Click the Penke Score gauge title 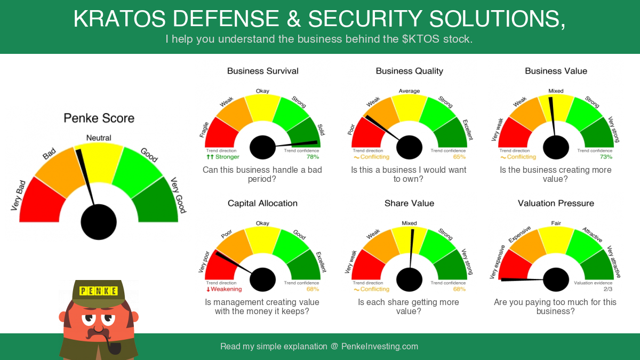pos(99,118)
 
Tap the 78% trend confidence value pos(313,157)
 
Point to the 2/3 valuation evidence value pos(608,289)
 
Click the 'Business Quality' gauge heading pos(410,71)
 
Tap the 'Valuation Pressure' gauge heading pos(556,203)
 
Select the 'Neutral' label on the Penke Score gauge pos(99,138)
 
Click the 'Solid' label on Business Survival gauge pos(321,130)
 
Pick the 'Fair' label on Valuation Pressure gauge pos(556,223)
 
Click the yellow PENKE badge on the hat pos(99,291)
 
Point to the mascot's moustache pos(98,333)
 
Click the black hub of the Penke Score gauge pos(99,222)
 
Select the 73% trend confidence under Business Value pos(606,157)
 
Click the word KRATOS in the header pos(119,19)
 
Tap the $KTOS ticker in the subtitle pos(421,39)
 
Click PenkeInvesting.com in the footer pos(380,347)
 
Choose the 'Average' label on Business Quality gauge pos(410,91)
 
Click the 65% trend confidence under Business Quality pos(459,157)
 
